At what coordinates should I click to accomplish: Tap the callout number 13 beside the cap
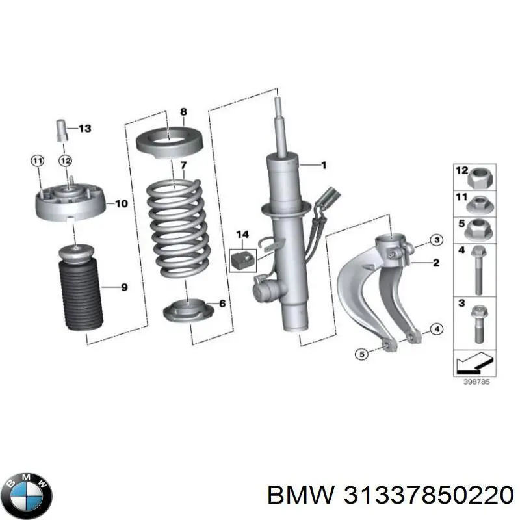[x=84, y=128]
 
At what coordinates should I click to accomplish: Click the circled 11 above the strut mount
[x=37, y=161]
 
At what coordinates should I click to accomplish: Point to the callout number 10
[x=121, y=203]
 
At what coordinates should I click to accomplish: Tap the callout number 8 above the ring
[x=183, y=112]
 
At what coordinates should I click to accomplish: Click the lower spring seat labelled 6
[x=188, y=311]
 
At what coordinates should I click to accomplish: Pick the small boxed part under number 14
[x=243, y=260]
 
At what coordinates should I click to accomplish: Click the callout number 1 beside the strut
[x=324, y=165]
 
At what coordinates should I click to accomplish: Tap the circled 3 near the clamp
[x=436, y=240]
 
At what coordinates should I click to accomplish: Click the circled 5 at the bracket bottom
[x=362, y=354]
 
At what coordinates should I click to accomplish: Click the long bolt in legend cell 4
[x=478, y=270]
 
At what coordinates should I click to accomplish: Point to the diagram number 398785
[x=476, y=382]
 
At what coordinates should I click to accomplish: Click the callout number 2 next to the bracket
[x=436, y=263]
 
